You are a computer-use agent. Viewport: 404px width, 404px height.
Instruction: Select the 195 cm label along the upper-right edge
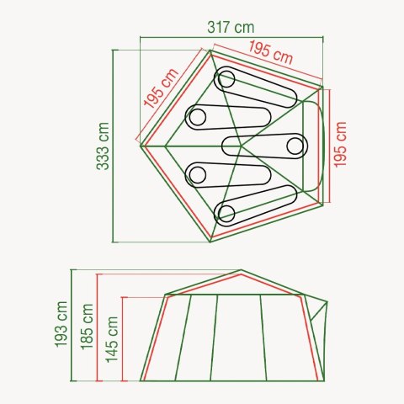point(271,54)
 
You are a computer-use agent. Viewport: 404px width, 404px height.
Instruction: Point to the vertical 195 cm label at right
point(340,144)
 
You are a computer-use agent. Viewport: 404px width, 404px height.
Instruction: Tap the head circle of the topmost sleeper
point(226,80)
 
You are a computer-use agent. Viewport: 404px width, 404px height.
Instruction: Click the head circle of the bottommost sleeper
point(226,211)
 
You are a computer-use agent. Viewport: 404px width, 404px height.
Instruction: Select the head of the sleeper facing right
point(294,146)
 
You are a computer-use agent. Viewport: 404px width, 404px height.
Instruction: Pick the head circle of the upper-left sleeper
point(196,116)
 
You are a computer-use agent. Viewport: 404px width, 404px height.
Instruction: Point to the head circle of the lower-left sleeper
point(197,175)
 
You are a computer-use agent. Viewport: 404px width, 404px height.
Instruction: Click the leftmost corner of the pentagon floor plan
point(140,146)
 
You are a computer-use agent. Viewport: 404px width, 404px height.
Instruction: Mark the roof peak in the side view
point(242,273)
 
